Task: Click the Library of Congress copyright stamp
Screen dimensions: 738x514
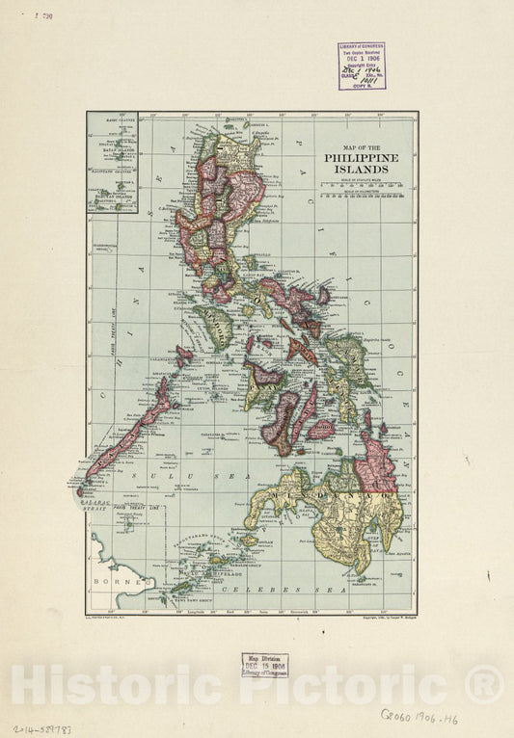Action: (x=362, y=66)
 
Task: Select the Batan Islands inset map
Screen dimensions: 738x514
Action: (x=112, y=162)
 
